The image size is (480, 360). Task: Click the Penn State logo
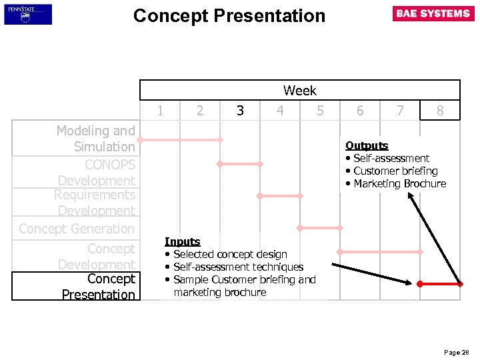28,14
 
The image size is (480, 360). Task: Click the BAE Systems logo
433,13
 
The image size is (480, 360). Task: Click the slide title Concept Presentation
229,16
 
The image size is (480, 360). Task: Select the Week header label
299,90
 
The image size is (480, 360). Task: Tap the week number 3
240,111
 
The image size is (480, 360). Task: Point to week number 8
440,111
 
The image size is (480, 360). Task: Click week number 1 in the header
160,111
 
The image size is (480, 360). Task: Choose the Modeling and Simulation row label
95,139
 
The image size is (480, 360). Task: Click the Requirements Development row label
95,203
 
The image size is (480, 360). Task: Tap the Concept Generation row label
77,229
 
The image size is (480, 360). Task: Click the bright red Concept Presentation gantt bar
440,284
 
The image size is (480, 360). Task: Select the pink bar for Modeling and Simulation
180,140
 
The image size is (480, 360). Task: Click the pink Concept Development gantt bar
380,252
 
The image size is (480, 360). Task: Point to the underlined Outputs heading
367,145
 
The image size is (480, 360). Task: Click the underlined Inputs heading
182,241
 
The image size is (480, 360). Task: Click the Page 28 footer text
456,352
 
